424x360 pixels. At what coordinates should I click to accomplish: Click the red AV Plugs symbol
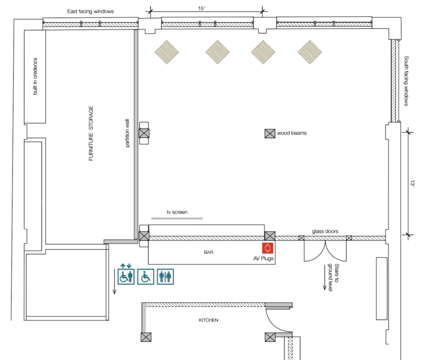[268, 248]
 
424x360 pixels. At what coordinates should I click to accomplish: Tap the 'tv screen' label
[176, 212]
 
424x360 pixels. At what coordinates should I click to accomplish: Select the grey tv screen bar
[176, 218]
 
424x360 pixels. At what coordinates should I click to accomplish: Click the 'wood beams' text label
[291, 134]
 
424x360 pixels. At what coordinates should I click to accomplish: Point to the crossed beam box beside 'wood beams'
[270, 134]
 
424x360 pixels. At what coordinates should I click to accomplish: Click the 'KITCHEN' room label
[208, 320]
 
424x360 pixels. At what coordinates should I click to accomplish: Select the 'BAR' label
[209, 252]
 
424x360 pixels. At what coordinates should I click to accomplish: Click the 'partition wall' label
[128, 134]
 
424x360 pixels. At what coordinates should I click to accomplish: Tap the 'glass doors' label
[325, 231]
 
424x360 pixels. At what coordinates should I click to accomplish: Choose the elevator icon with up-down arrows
[126, 275]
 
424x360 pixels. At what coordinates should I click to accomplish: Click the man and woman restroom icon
[166, 276]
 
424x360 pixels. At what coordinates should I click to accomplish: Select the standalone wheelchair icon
[145, 276]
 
